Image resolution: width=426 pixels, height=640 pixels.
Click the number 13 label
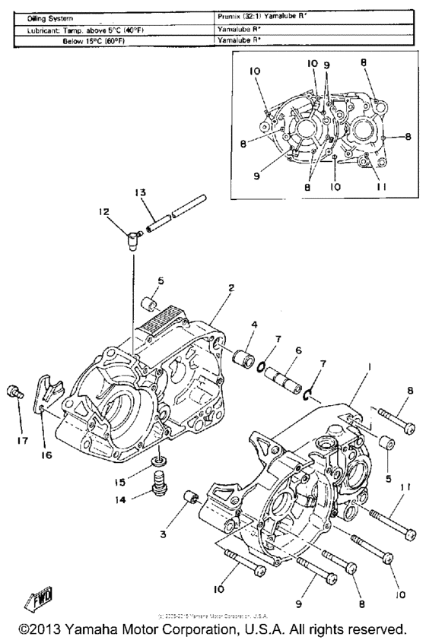(139, 193)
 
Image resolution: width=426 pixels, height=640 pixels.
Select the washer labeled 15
(159, 462)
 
